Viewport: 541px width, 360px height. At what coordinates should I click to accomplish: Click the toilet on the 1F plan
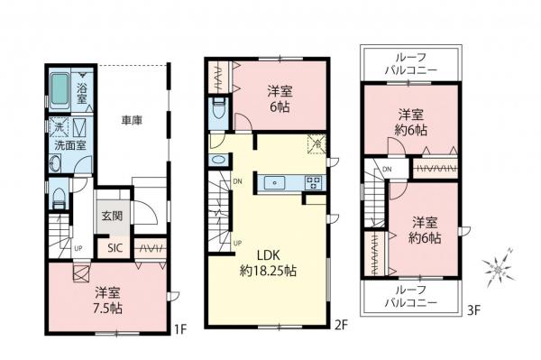pyautogui.click(x=56, y=198)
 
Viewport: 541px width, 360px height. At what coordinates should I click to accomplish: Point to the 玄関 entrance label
pyautogui.click(x=112, y=216)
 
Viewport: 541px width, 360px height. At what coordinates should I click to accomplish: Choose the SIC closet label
pyautogui.click(x=115, y=248)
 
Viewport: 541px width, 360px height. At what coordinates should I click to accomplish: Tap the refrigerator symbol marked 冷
pyautogui.click(x=316, y=142)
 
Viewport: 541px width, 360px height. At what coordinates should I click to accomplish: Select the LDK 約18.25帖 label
pyautogui.click(x=269, y=262)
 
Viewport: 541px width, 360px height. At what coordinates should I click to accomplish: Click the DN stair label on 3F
pyautogui.click(x=386, y=170)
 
